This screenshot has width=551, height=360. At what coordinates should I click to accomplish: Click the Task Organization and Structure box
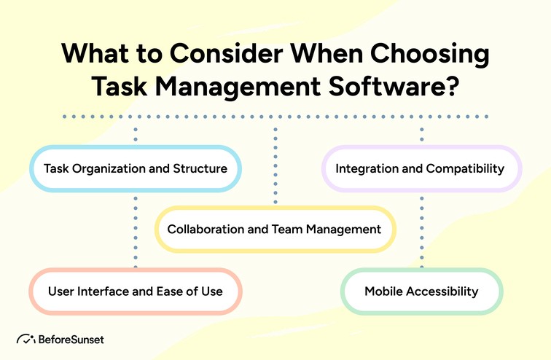click(x=135, y=169)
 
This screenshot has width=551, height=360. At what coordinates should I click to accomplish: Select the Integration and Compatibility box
click(x=421, y=169)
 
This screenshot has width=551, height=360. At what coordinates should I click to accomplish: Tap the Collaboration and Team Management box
click(x=275, y=230)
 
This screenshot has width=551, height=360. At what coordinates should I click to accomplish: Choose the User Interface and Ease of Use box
click(x=135, y=291)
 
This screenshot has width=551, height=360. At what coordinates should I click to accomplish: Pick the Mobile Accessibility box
click(x=421, y=291)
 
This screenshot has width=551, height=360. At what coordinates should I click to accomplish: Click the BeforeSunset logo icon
click(x=26, y=340)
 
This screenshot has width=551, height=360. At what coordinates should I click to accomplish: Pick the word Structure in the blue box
click(x=198, y=169)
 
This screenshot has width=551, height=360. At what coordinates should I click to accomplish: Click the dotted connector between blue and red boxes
click(x=135, y=230)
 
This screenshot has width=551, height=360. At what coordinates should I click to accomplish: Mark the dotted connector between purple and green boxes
click(x=421, y=230)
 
